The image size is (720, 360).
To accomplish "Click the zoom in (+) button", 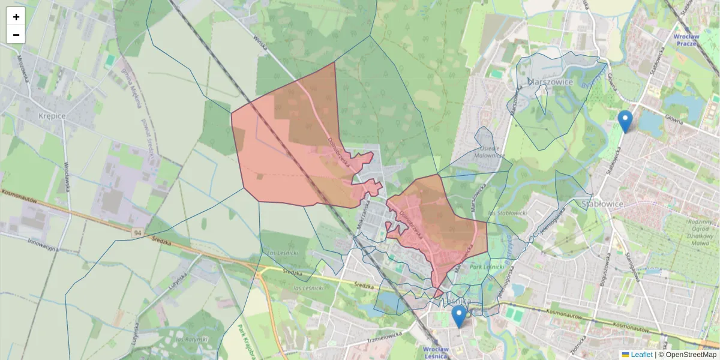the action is [x=16, y=17].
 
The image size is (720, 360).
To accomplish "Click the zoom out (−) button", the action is [x=16, y=35].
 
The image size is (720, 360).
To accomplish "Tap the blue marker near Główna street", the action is [x=625, y=121].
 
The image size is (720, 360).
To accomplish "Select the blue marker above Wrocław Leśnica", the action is [x=459, y=316].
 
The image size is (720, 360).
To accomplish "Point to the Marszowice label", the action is [x=550, y=82].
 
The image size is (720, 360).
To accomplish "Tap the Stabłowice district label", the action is [x=603, y=204].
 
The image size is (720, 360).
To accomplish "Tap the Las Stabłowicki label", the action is [x=507, y=212].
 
